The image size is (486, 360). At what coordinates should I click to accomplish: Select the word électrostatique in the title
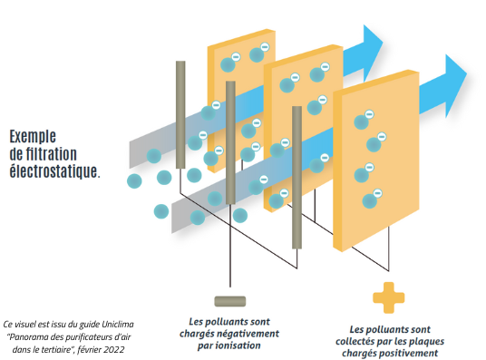[x=53, y=169]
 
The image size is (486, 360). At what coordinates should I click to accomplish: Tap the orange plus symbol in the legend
[x=389, y=297]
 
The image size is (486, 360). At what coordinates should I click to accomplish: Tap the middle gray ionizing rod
[x=230, y=141]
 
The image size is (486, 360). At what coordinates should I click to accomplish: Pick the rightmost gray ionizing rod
[x=296, y=177]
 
